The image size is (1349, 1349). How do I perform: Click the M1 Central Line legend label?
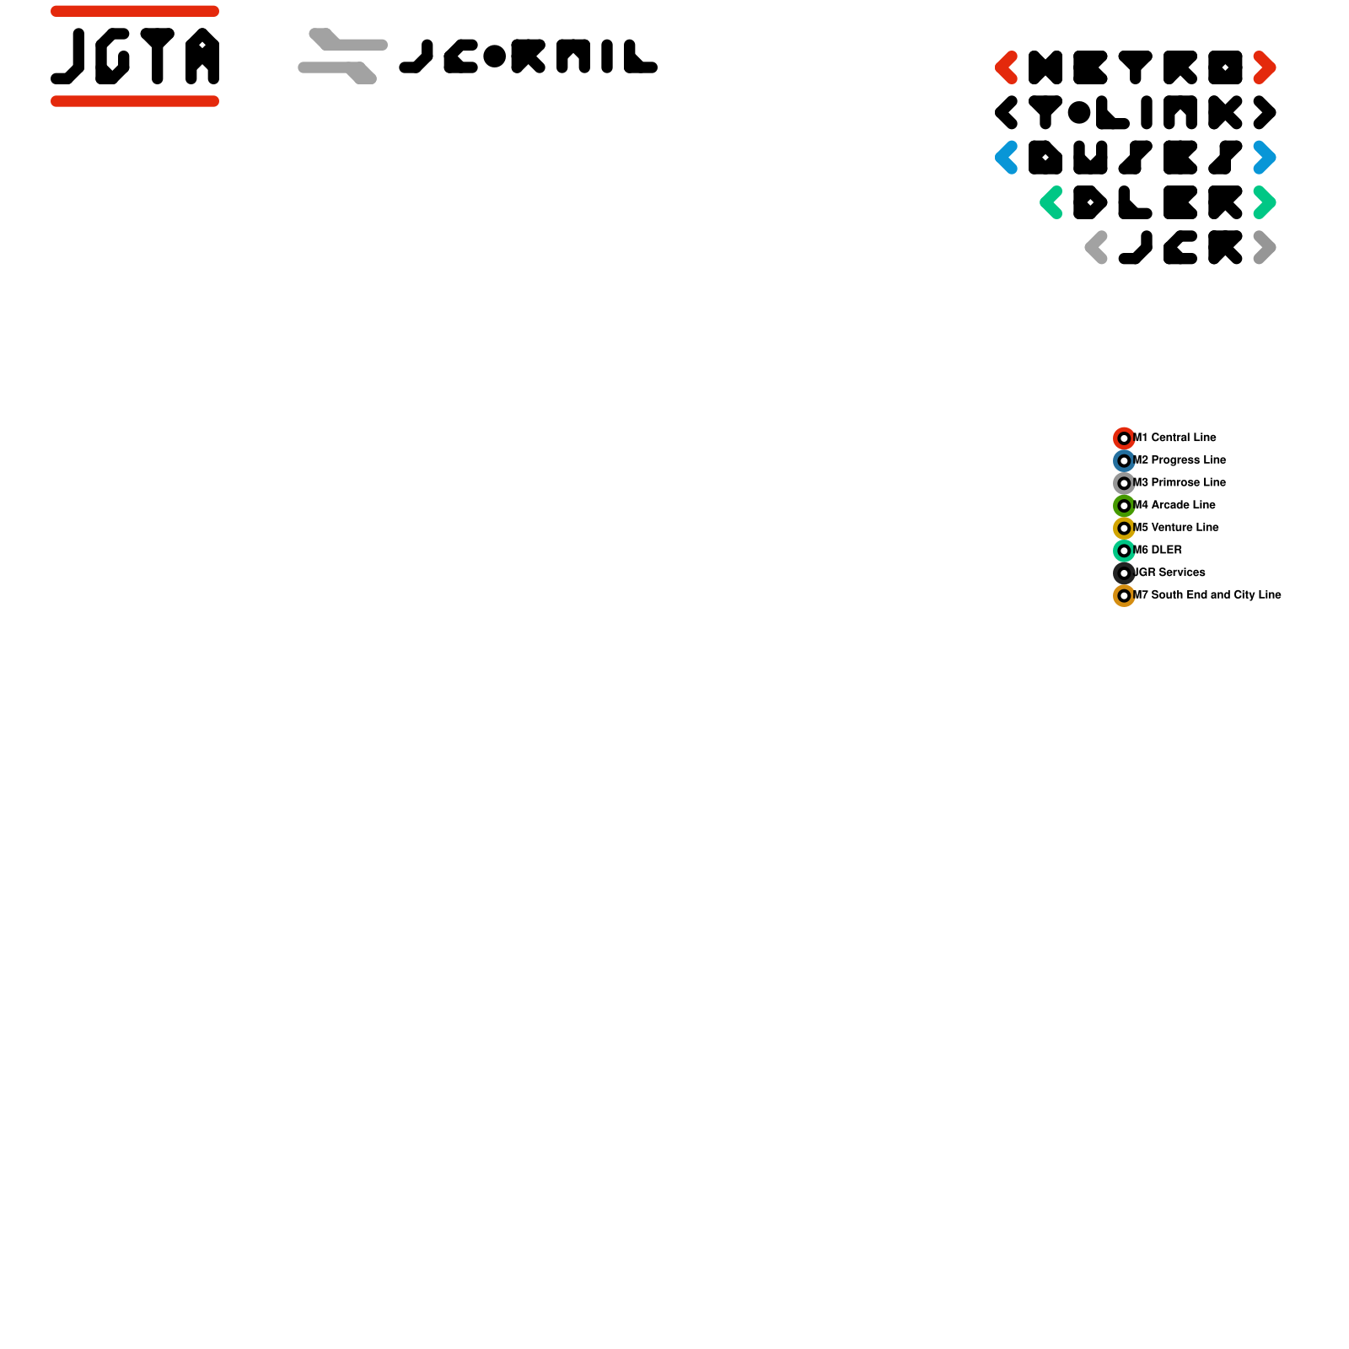click(1175, 438)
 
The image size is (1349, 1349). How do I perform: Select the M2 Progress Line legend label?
click(1180, 460)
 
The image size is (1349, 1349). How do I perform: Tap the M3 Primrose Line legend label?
click(1180, 482)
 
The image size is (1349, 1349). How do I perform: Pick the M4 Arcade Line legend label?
click(1175, 505)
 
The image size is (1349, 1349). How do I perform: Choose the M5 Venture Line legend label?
click(1177, 528)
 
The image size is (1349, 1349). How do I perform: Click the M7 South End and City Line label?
click(1208, 595)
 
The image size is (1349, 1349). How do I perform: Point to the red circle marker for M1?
click(1124, 438)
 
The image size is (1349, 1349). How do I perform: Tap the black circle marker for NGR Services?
click(1124, 573)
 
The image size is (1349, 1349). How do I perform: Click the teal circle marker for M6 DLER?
click(1124, 551)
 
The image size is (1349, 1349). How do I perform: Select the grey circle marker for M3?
click(1124, 483)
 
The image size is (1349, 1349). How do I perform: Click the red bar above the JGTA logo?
click(135, 11)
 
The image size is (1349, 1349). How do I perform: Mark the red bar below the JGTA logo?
click(135, 101)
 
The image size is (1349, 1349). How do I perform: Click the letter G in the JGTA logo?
click(112, 56)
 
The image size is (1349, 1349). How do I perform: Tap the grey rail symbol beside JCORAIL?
click(342, 56)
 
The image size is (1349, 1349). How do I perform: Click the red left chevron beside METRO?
click(1005, 67)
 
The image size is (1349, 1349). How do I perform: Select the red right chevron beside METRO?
click(1266, 67)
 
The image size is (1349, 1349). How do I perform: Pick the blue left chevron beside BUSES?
click(1005, 158)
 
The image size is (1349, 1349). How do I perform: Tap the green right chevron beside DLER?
click(1266, 202)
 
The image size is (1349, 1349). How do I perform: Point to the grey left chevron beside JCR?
click(1095, 248)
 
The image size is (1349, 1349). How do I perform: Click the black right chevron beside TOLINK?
click(1266, 112)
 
